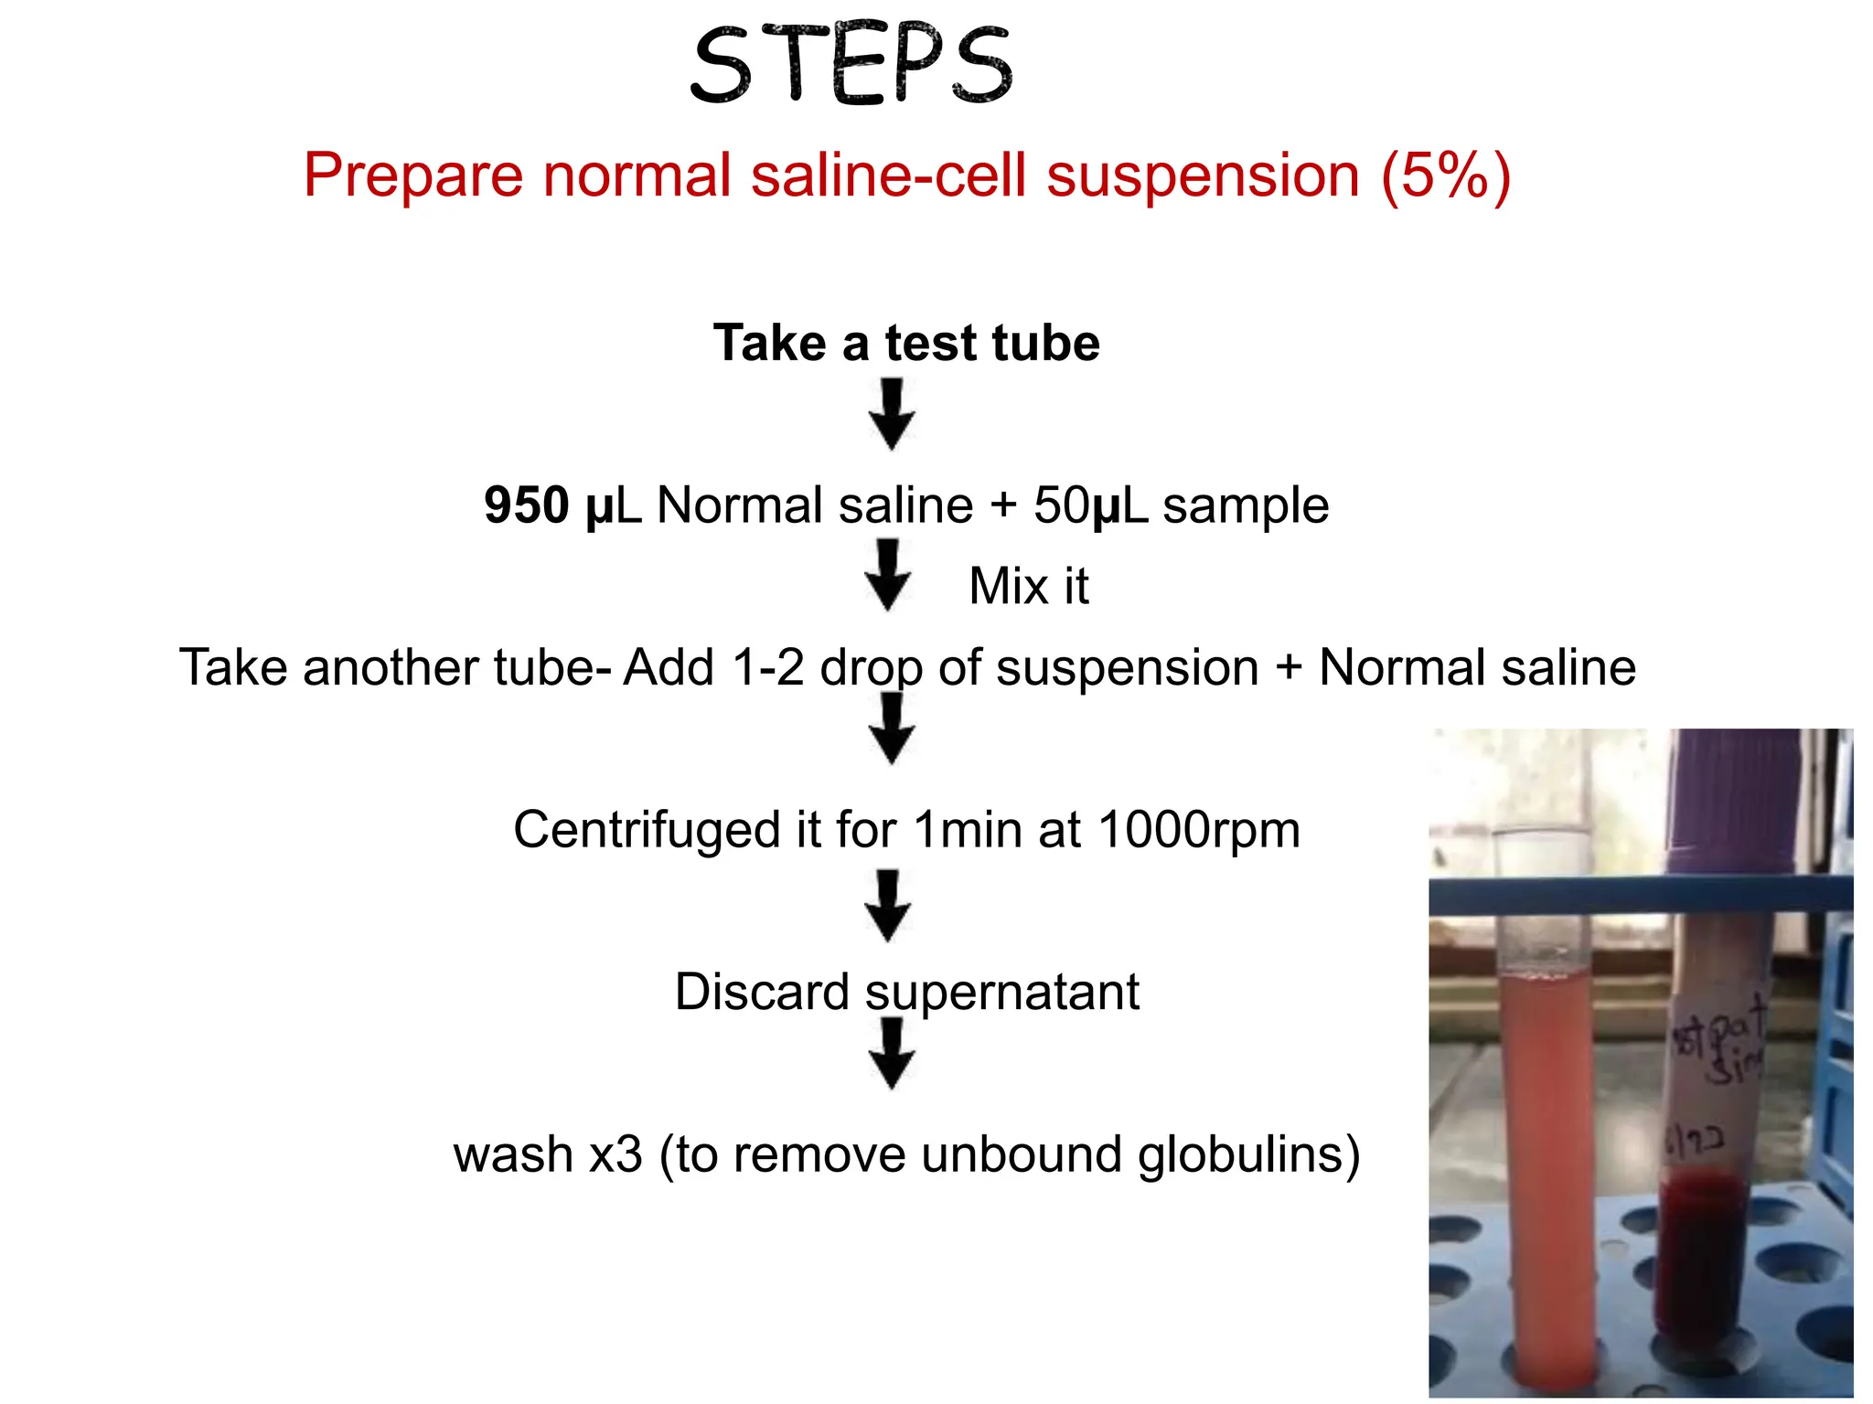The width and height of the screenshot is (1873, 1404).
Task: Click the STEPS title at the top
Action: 851,66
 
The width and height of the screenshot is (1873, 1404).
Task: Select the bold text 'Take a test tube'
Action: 906,343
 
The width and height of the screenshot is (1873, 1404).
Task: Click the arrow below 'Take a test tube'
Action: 892,415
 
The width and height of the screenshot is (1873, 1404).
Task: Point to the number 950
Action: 527,505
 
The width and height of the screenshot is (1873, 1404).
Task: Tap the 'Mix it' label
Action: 1029,586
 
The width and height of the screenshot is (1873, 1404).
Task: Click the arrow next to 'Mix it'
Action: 888,575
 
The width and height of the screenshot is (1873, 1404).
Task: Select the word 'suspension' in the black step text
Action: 1128,667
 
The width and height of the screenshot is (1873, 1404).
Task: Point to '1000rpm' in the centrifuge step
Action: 1199,830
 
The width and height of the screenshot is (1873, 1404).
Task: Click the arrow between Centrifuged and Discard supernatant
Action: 888,906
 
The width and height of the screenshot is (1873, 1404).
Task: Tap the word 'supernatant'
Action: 1002,993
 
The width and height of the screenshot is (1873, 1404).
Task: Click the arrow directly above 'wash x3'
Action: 892,1054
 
